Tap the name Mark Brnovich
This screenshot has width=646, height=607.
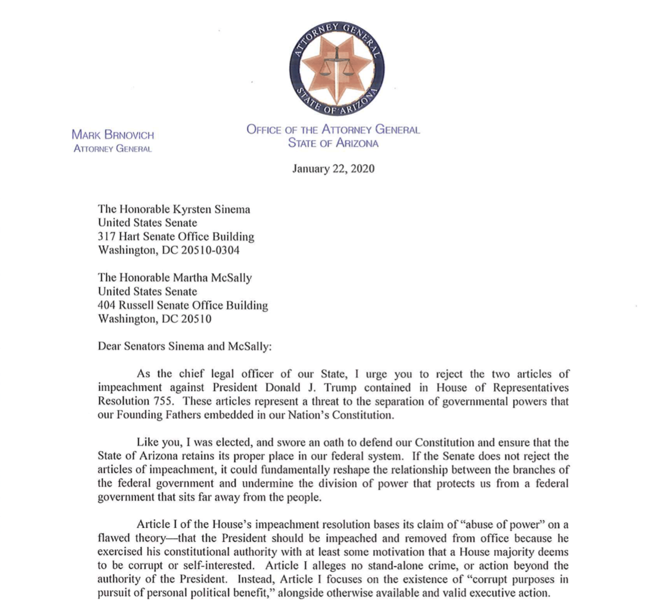click(x=113, y=135)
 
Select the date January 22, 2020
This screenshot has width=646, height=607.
click(x=333, y=169)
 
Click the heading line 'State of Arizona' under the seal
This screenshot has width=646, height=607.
click(x=333, y=143)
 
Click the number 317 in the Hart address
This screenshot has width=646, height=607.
click(x=106, y=237)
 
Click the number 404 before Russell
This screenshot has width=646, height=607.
click(x=106, y=305)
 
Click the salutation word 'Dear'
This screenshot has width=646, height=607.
click(x=109, y=346)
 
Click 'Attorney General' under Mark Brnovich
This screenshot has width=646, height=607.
click(x=113, y=149)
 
